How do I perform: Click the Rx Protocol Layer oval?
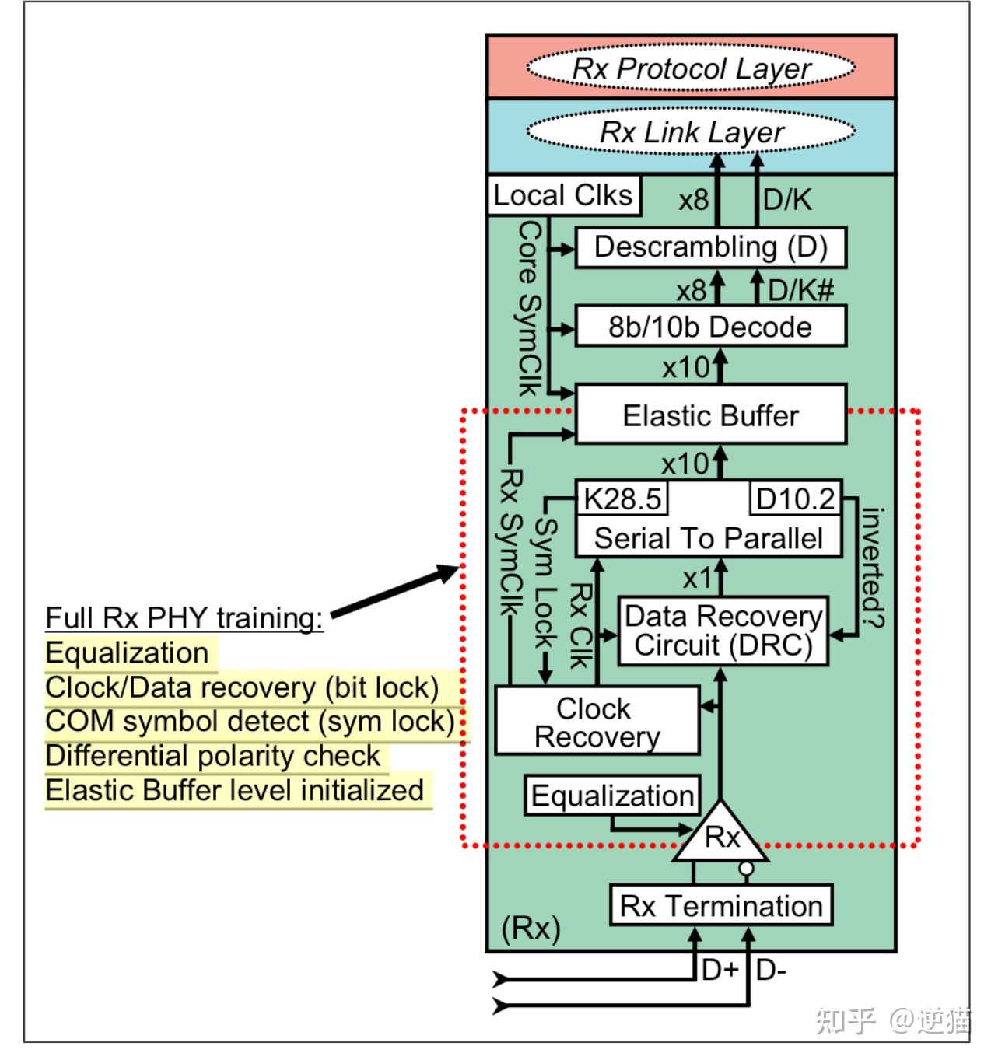691,68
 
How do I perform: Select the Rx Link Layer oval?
691,132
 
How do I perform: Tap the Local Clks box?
563,195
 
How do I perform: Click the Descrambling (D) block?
710,247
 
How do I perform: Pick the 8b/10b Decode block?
710,327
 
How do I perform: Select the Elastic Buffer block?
710,415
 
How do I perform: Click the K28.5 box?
622,499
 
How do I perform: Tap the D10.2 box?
795,499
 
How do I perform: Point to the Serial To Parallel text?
708,538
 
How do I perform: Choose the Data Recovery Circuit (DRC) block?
723,631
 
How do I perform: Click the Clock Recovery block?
597,722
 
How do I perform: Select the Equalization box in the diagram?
612,796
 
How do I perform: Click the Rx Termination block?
721,906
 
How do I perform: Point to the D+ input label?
719,970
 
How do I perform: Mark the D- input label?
771,970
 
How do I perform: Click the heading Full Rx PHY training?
184,618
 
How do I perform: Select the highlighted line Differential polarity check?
212,756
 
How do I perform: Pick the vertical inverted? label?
873,568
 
